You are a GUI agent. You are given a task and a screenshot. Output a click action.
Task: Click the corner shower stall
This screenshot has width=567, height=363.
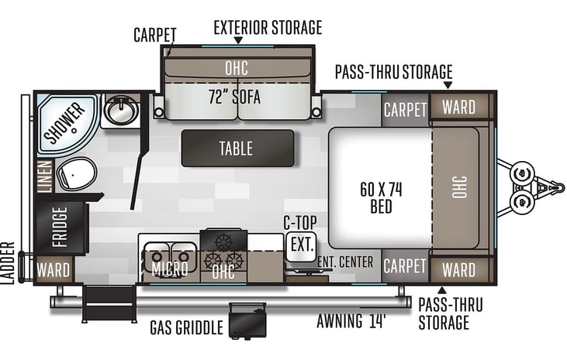pyautogui.click(x=67, y=120)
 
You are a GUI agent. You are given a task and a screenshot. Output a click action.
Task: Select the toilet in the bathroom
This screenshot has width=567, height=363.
pyautogui.click(x=77, y=174)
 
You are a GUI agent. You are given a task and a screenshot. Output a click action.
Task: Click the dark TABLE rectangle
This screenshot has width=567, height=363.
pyautogui.click(x=237, y=148)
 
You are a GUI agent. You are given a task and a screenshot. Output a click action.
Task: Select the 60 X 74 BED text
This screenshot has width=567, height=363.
pyautogui.click(x=381, y=197)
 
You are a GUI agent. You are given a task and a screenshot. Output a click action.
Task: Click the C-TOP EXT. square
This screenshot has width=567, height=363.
pyautogui.click(x=301, y=246)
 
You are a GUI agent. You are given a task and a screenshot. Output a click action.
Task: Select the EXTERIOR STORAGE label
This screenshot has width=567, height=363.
pyautogui.click(x=267, y=29)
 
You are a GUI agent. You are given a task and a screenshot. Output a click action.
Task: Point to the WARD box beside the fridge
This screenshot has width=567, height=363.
pyautogui.click(x=54, y=271)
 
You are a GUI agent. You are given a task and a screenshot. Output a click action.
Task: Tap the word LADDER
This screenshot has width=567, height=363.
pyautogui.click(x=9, y=264)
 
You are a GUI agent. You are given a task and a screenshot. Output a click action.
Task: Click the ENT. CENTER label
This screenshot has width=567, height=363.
pyautogui.click(x=345, y=262)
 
